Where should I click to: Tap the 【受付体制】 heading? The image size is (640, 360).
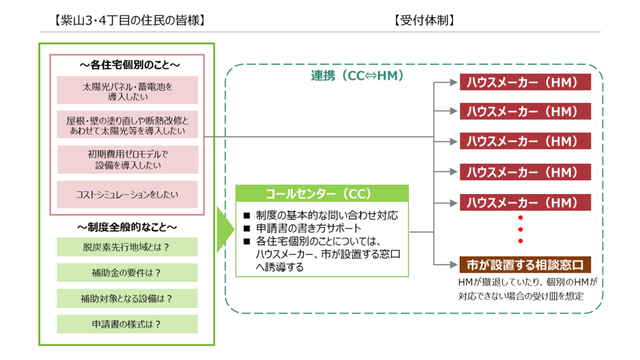click(x=423, y=20)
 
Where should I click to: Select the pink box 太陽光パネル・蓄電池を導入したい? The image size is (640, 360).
click(x=127, y=90)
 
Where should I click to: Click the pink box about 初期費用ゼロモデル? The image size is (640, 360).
click(x=128, y=159)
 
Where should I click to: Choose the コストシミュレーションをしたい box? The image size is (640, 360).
click(x=127, y=194)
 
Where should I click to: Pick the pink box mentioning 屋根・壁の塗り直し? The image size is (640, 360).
click(x=127, y=125)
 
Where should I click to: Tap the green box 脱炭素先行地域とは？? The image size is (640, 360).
click(x=127, y=247)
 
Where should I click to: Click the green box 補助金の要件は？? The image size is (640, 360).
click(x=127, y=273)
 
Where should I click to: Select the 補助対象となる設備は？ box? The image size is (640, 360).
click(x=127, y=298)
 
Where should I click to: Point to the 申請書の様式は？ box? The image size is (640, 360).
click(x=127, y=324)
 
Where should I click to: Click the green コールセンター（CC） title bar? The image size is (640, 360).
click(x=322, y=193)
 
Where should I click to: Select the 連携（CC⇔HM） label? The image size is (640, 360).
click(x=357, y=76)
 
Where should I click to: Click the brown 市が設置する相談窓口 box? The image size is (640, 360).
click(x=525, y=263)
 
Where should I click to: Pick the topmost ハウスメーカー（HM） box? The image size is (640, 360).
click(x=525, y=82)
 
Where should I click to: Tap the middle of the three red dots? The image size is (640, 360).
click(x=520, y=229)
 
